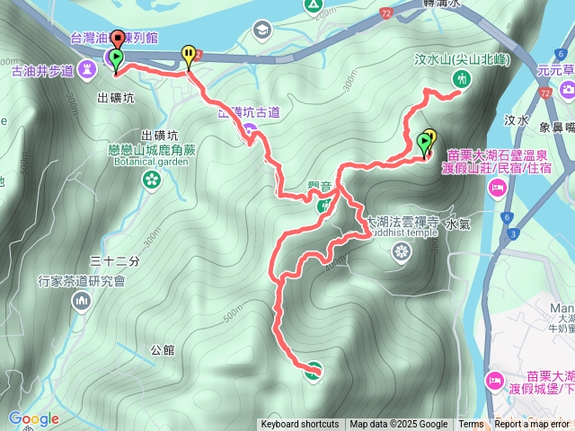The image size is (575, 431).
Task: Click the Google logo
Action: point(33,418)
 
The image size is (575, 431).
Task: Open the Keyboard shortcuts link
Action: point(299,425)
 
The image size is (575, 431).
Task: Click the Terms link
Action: point(471,425)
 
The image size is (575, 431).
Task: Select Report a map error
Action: point(532,425)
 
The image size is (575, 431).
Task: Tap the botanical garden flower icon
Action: point(151,180)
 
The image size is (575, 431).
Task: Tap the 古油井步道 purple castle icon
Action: point(87,67)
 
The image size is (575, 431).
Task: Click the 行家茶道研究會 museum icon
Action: point(82,301)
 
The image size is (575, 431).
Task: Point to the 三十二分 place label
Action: point(115,261)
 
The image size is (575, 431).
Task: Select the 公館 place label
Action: point(163,349)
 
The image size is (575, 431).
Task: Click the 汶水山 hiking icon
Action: point(459,80)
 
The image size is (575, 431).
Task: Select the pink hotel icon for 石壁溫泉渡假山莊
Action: point(496,188)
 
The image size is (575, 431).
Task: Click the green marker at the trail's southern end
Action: point(314,368)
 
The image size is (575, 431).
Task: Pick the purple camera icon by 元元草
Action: point(567,90)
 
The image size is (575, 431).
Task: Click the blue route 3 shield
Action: point(512,233)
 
